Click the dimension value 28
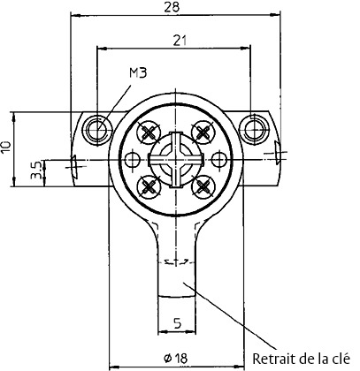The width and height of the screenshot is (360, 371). pyautogui.click(x=172, y=6)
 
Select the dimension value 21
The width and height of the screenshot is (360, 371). pyautogui.click(x=180, y=41)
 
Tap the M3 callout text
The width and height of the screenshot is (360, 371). pyautogui.click(x=138, y=72)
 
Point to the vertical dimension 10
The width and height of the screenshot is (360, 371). pyautogui.click(x=6, y=147)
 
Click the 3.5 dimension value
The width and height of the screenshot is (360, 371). pyautogui.click(x=36, y=172)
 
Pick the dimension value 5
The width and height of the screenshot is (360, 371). pyautogui.click(x=177, y=323)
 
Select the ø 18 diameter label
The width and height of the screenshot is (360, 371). pyautogui.click(x=175, y=358)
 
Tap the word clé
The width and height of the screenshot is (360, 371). pyautogui.click(x=342, y=359)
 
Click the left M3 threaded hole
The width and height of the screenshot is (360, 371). pyautogui.click(x=98, y=129)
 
